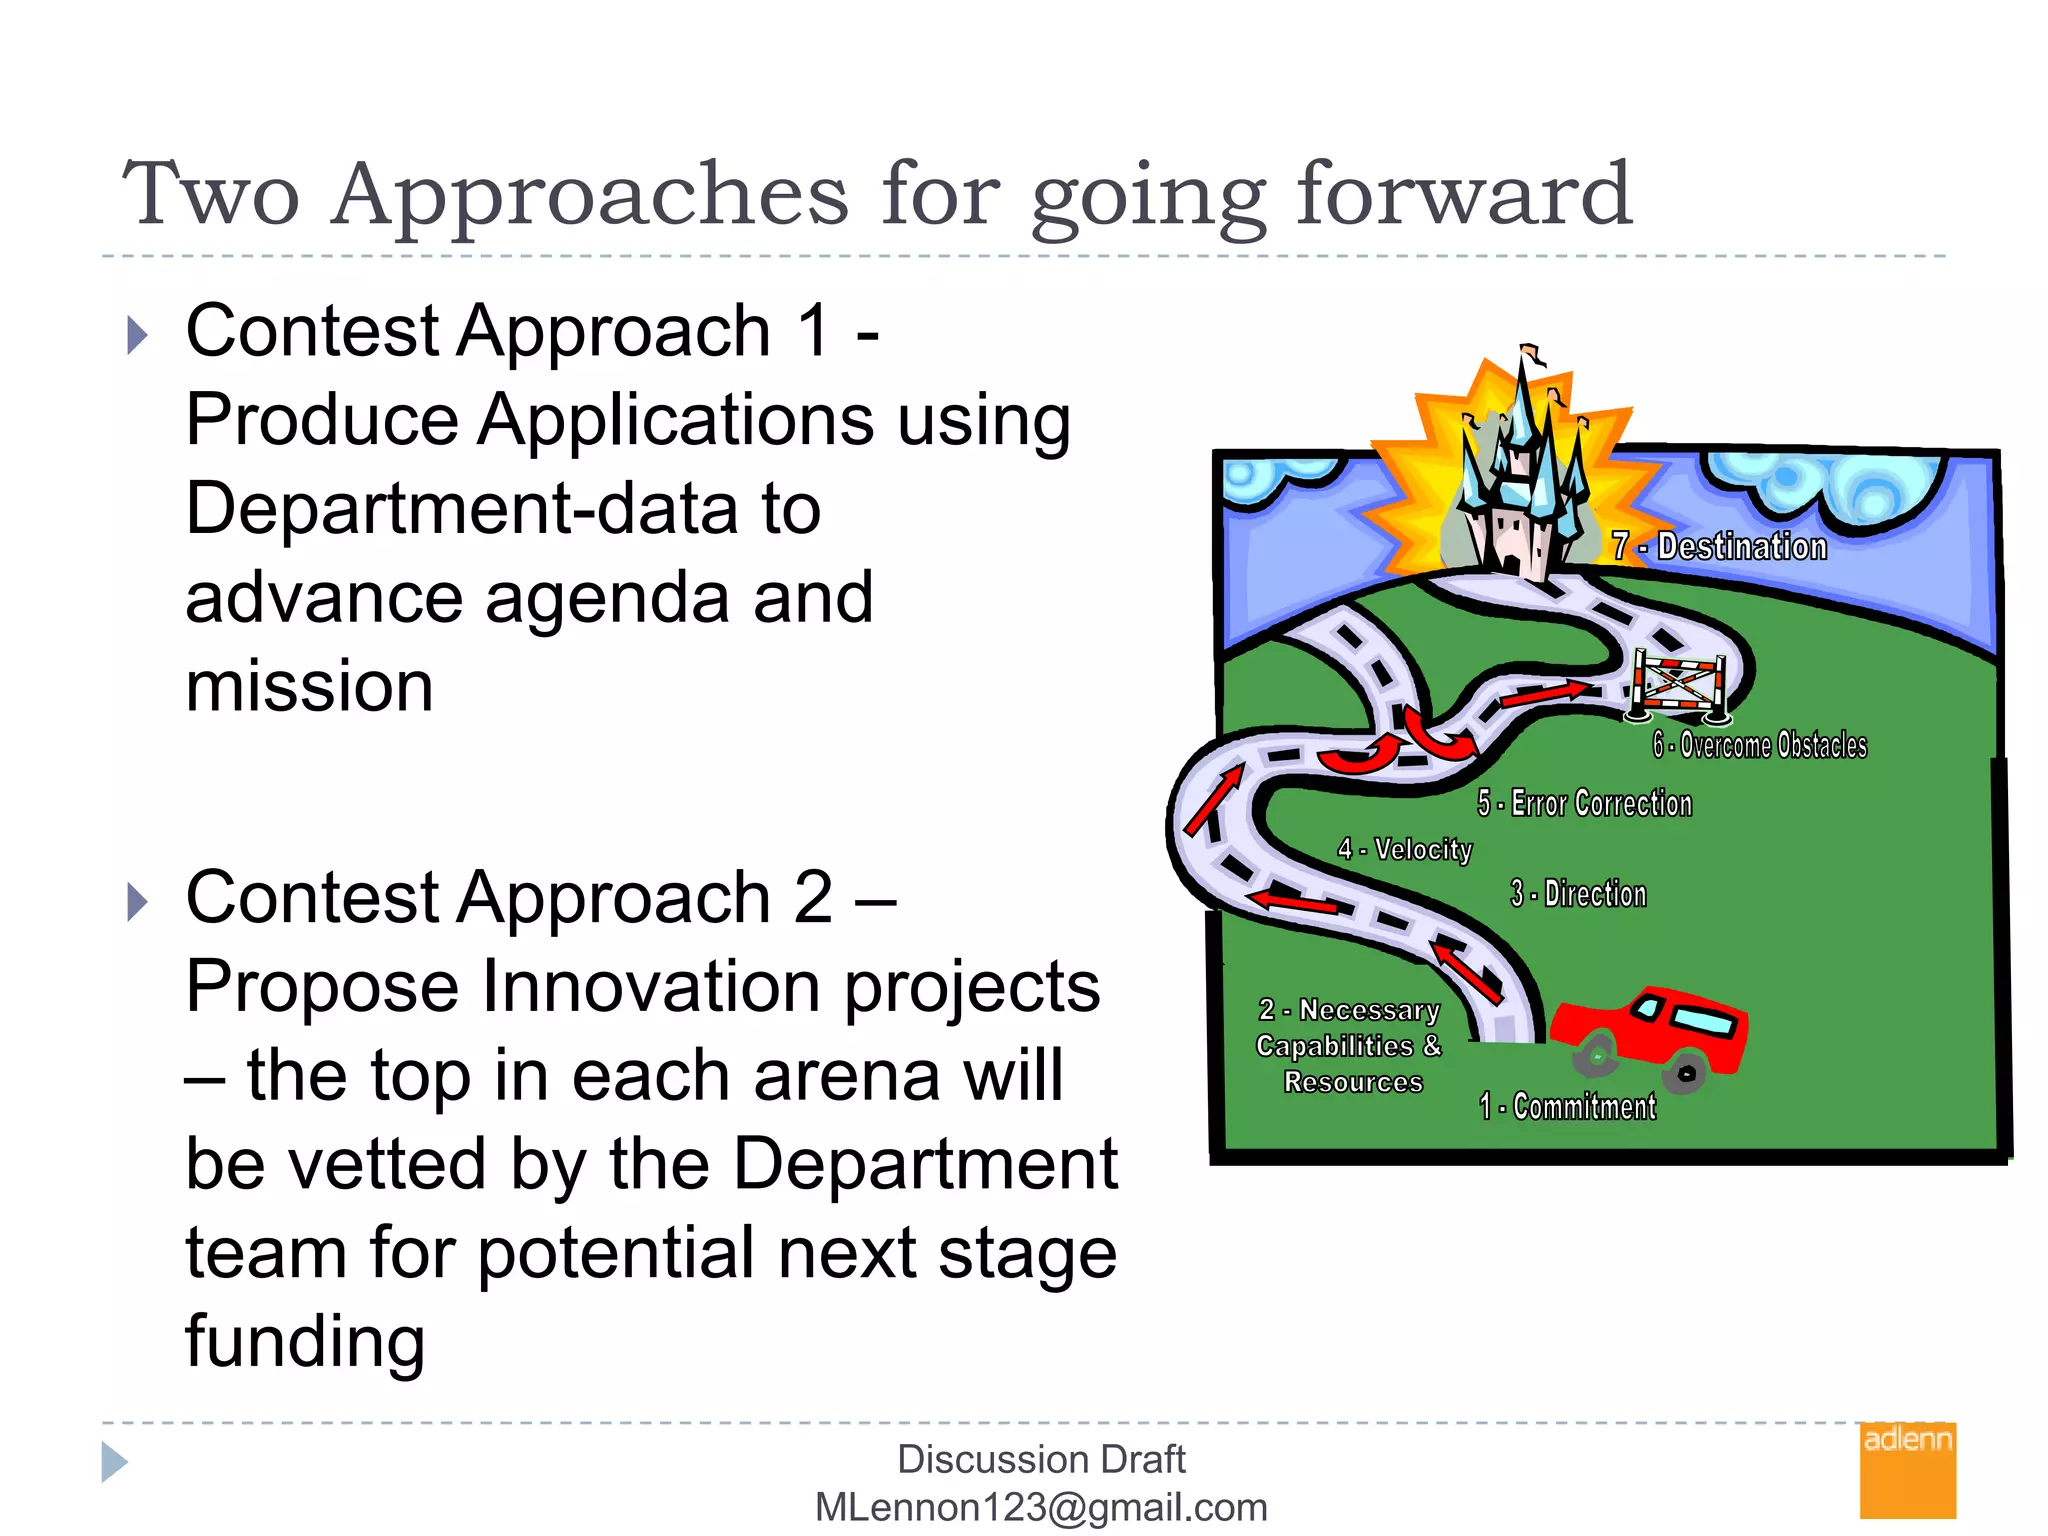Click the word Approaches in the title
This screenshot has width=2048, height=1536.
coord(590,196)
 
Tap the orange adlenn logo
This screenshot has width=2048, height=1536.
coord(1907,1470)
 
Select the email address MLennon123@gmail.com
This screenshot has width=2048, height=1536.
coord(1041,1507)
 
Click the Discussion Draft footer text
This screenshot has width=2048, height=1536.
coord(1041,1459)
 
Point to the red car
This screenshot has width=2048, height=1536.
coord(1650,1035)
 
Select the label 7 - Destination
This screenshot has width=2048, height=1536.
coord(1720,546)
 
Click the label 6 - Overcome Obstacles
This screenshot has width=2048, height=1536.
coord(1760,745)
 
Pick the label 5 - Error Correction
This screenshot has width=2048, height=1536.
coord(1585,803)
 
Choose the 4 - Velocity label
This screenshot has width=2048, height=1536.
coord(1405,849)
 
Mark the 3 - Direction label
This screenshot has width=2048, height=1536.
coord(1578,893)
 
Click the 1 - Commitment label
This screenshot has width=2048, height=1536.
coord(1568,1106)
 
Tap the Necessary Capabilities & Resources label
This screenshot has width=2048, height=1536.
coord(1350,1046)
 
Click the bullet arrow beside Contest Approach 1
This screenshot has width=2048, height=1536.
coord(138,335)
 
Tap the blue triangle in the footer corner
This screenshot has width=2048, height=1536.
coord(114,1462)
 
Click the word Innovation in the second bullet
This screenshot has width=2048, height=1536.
coord(655,986)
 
